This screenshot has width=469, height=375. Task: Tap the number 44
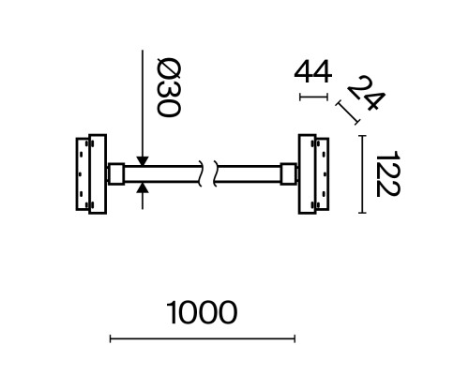(x=313, y=71)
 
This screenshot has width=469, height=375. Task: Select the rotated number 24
(x=362, y=96)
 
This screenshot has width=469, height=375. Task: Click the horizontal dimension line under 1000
(x=203, y=338)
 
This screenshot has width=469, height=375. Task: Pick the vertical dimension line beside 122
(x=362, y=174)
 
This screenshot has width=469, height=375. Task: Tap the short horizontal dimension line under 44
(x=313, y=96)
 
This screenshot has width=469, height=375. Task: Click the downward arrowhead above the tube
(x=141, y=157)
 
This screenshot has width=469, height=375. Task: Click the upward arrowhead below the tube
(x=141, y=191)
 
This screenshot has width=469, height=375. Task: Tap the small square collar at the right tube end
(x=287, y=174)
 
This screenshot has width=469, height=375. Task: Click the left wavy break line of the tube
(x=199, y=174)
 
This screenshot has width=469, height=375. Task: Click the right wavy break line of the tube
(x=217, y=174)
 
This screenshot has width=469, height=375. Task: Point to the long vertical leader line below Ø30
(x=141, y=103)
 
